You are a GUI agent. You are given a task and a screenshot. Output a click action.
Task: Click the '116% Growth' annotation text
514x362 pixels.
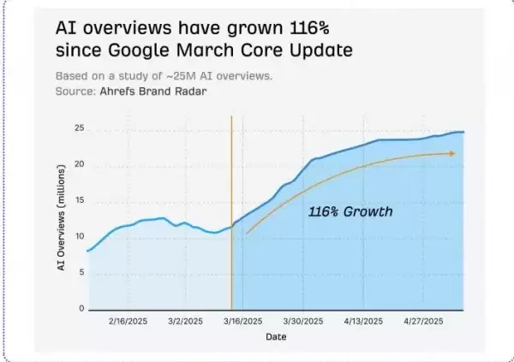tap(350, 211)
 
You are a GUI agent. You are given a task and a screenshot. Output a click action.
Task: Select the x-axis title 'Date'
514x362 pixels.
tap(276, 337)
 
